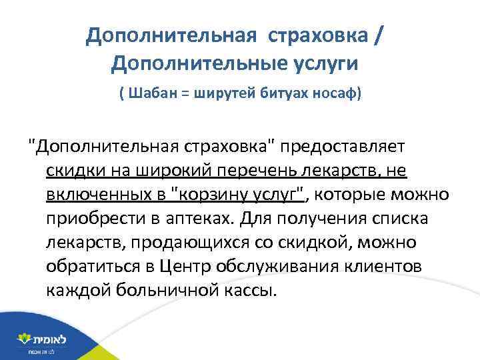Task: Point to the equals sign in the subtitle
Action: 183,94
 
